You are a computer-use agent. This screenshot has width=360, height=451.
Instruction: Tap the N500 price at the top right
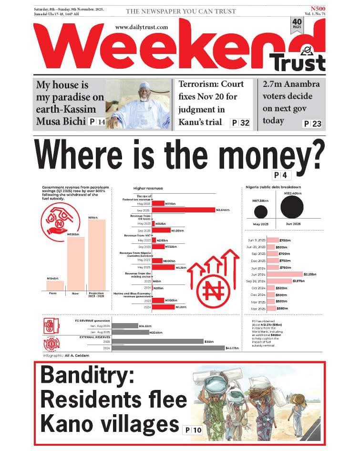click(x=316, y=9)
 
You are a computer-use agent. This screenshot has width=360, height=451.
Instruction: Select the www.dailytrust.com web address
click(x=141, y=27)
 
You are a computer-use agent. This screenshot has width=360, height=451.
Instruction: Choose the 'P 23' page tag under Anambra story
click(x=313, y=124)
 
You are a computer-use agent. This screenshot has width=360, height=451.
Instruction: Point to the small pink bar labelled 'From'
click(x=55, y=285)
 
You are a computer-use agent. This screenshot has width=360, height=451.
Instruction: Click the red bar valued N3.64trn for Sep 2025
click(x=184, y=210)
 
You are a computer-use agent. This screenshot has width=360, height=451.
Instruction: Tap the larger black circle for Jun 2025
click(x=292, y=207)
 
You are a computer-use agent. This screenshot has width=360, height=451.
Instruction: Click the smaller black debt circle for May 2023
click(x=260, y=211)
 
